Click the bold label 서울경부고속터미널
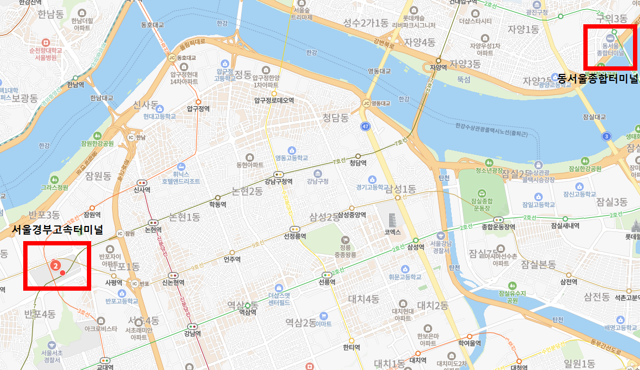pos(57,230)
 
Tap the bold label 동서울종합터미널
pos(597,78)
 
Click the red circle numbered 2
pos(55,265)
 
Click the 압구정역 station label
pos(198,108)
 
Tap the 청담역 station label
pos(358,163)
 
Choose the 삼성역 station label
pos(416,247)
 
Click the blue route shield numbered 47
pos(366,126)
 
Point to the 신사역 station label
pos(142,190)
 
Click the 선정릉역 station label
pos(295,236)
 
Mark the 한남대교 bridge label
pos(101,98)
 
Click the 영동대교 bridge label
pos(379,71)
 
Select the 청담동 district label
pos(336,117)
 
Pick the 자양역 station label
pos(438,68)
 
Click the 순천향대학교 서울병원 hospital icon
pos(46,42)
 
